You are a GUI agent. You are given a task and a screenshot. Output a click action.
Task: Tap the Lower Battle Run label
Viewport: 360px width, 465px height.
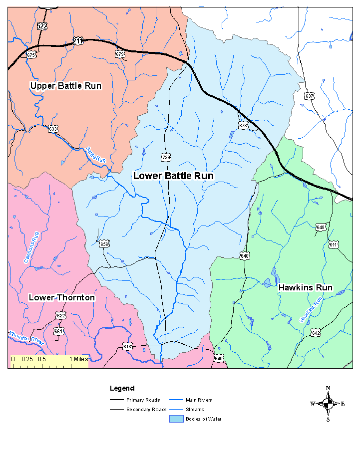pyautogui.click(x=173, y=176)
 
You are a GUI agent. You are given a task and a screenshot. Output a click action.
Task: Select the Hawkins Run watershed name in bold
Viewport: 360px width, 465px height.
pyautogui.click(x=305, y=288)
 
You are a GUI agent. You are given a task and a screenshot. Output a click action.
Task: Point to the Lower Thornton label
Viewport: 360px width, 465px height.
pyautogui.click(x=61, y=298)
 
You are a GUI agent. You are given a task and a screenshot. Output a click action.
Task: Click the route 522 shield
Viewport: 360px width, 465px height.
pyautogui.click(x=42, y=26)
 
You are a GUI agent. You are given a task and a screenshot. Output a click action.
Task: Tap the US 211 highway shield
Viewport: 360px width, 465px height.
pyautogui.click(x=77, y=41)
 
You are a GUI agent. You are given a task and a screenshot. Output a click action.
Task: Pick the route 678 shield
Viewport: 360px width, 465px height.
pyautogui.click(x=243, y=126)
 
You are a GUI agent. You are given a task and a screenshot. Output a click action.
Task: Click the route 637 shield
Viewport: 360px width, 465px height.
pyautogui.click(x=310, y=96)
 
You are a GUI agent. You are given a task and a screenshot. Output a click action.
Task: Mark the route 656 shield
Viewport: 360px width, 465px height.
pyautogui.click(x=104, y=244)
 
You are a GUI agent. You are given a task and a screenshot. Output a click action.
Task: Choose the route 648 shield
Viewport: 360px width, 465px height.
pyautogui.click(x=321, y=228)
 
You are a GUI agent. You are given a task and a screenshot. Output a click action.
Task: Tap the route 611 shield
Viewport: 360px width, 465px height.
pyautogui.click(x=334, y=244)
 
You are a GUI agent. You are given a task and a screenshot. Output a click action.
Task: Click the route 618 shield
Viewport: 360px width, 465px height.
pyautogui.click(x=128, y=346)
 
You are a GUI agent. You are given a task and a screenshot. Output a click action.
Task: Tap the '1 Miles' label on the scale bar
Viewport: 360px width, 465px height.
pyautogui.click(x=78, y=359)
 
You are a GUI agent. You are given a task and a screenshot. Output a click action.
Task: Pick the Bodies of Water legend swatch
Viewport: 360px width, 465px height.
pyautogui.click(x=176, y=419)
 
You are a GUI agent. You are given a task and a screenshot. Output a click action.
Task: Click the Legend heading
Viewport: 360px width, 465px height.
pyautogui.click(x=122, y=388)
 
